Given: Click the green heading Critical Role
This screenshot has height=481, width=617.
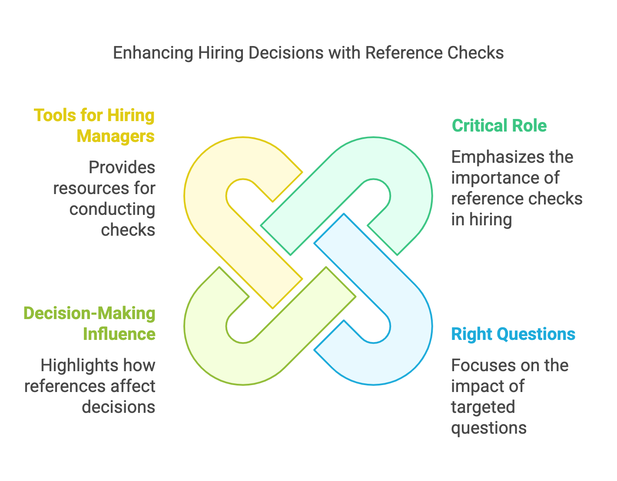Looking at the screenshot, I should [x=499, y=125].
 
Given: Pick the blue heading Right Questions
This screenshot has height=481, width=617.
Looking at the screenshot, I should [x=513, y=334].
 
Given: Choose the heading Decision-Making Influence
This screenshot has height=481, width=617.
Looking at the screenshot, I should [x=90, y=323].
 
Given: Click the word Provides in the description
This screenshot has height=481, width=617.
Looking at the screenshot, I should [x=122, y=167].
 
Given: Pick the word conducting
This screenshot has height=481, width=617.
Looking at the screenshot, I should [x=112, y=209].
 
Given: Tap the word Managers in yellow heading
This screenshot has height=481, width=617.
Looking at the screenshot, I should [x=116, y=136].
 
